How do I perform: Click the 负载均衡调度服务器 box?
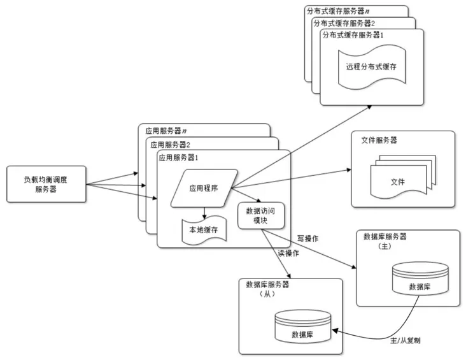45,185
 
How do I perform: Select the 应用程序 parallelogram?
204,188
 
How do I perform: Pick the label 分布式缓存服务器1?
354,34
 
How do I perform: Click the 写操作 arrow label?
307,238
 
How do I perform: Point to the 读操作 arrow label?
288,253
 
